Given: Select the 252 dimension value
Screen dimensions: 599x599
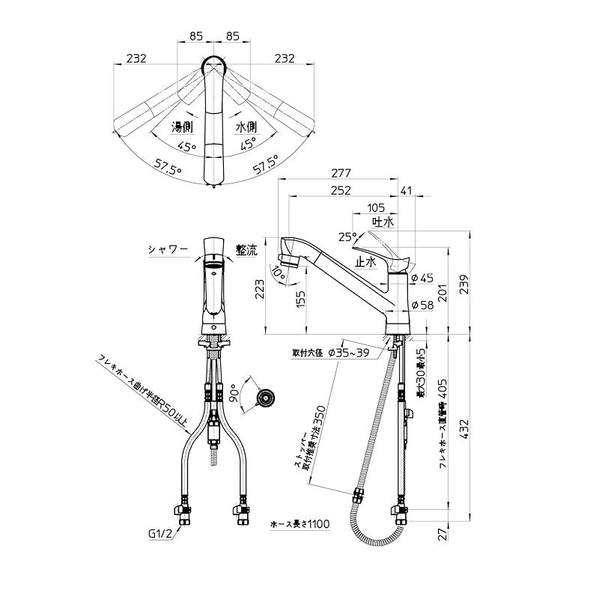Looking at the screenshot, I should pyautogui.click(x=341, y=191).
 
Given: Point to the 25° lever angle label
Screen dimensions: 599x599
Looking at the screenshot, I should pyautogui.click(x=346, y=236).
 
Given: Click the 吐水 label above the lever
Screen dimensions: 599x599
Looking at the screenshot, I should pyautogui.click(x=383, y=222).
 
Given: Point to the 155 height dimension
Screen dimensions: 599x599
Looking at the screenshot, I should pyautogui.click(x=301, y=299).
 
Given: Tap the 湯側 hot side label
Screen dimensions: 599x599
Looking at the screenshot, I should pyautogui.click(x=183, y=127).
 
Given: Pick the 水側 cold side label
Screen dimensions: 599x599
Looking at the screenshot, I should pyautogui.click(x=247, y=127).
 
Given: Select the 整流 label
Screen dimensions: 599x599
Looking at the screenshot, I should pyautogui.click(x=246, y=251).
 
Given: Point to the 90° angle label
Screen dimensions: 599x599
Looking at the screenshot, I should pyautogui.click(x=234, y=392).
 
